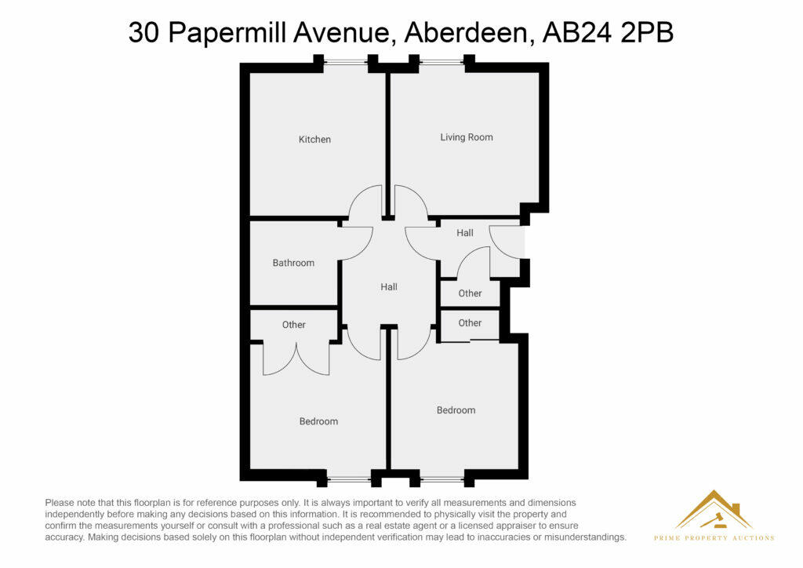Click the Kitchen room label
click(314, 140)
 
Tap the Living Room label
click(467, 137)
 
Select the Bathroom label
click(293, 263)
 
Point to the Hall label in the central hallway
click(389, 287)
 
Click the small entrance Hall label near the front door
click(465, 233)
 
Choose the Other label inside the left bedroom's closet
click(294, 325)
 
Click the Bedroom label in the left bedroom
click(318, 421)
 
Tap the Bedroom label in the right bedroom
click(456, 410)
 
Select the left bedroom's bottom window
click(349, 478)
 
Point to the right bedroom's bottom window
click(442, 478)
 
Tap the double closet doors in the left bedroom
click(296, 359)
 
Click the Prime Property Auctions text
click(714, 538)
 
